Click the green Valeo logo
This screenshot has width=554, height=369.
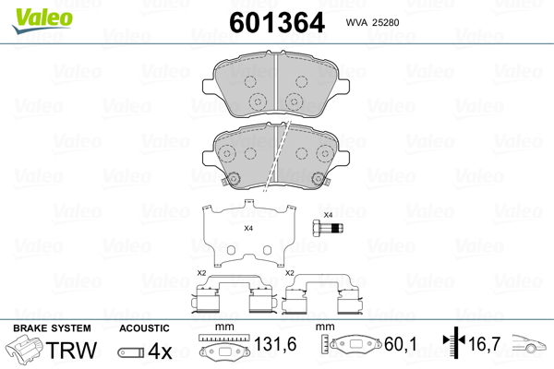point(42,20)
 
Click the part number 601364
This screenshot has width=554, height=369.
point(277,22)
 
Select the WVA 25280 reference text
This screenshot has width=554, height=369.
point(372,22)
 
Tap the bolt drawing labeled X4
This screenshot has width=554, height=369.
point(328,228)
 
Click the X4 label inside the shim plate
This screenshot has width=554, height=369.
point(248,229)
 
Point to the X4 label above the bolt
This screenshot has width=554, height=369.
point(328,215)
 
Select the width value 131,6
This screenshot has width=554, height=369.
point(275,344)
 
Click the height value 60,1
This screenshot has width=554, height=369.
point(401,344)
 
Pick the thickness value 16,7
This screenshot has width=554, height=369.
point(485,344)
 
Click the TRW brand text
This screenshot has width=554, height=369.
point(71,350)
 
